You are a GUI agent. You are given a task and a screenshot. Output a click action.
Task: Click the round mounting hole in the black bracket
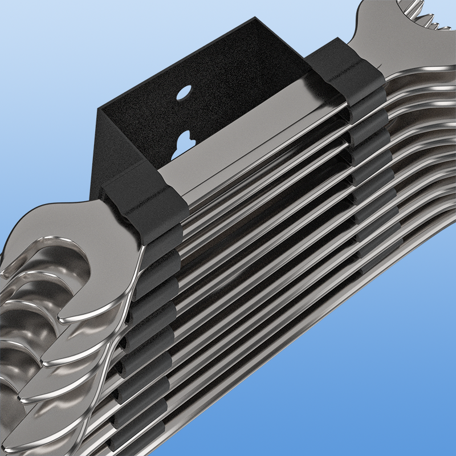[184, 92]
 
